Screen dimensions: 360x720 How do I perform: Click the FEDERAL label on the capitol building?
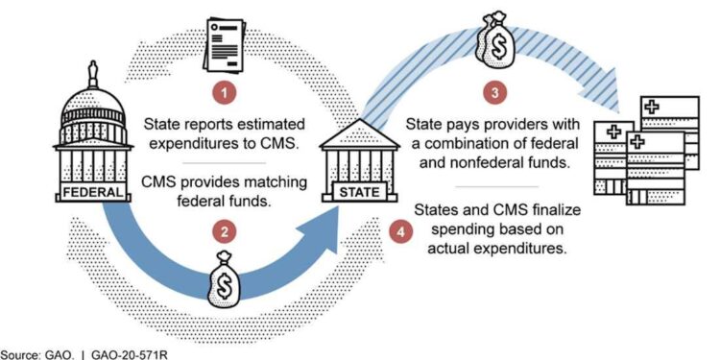[94, 191]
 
